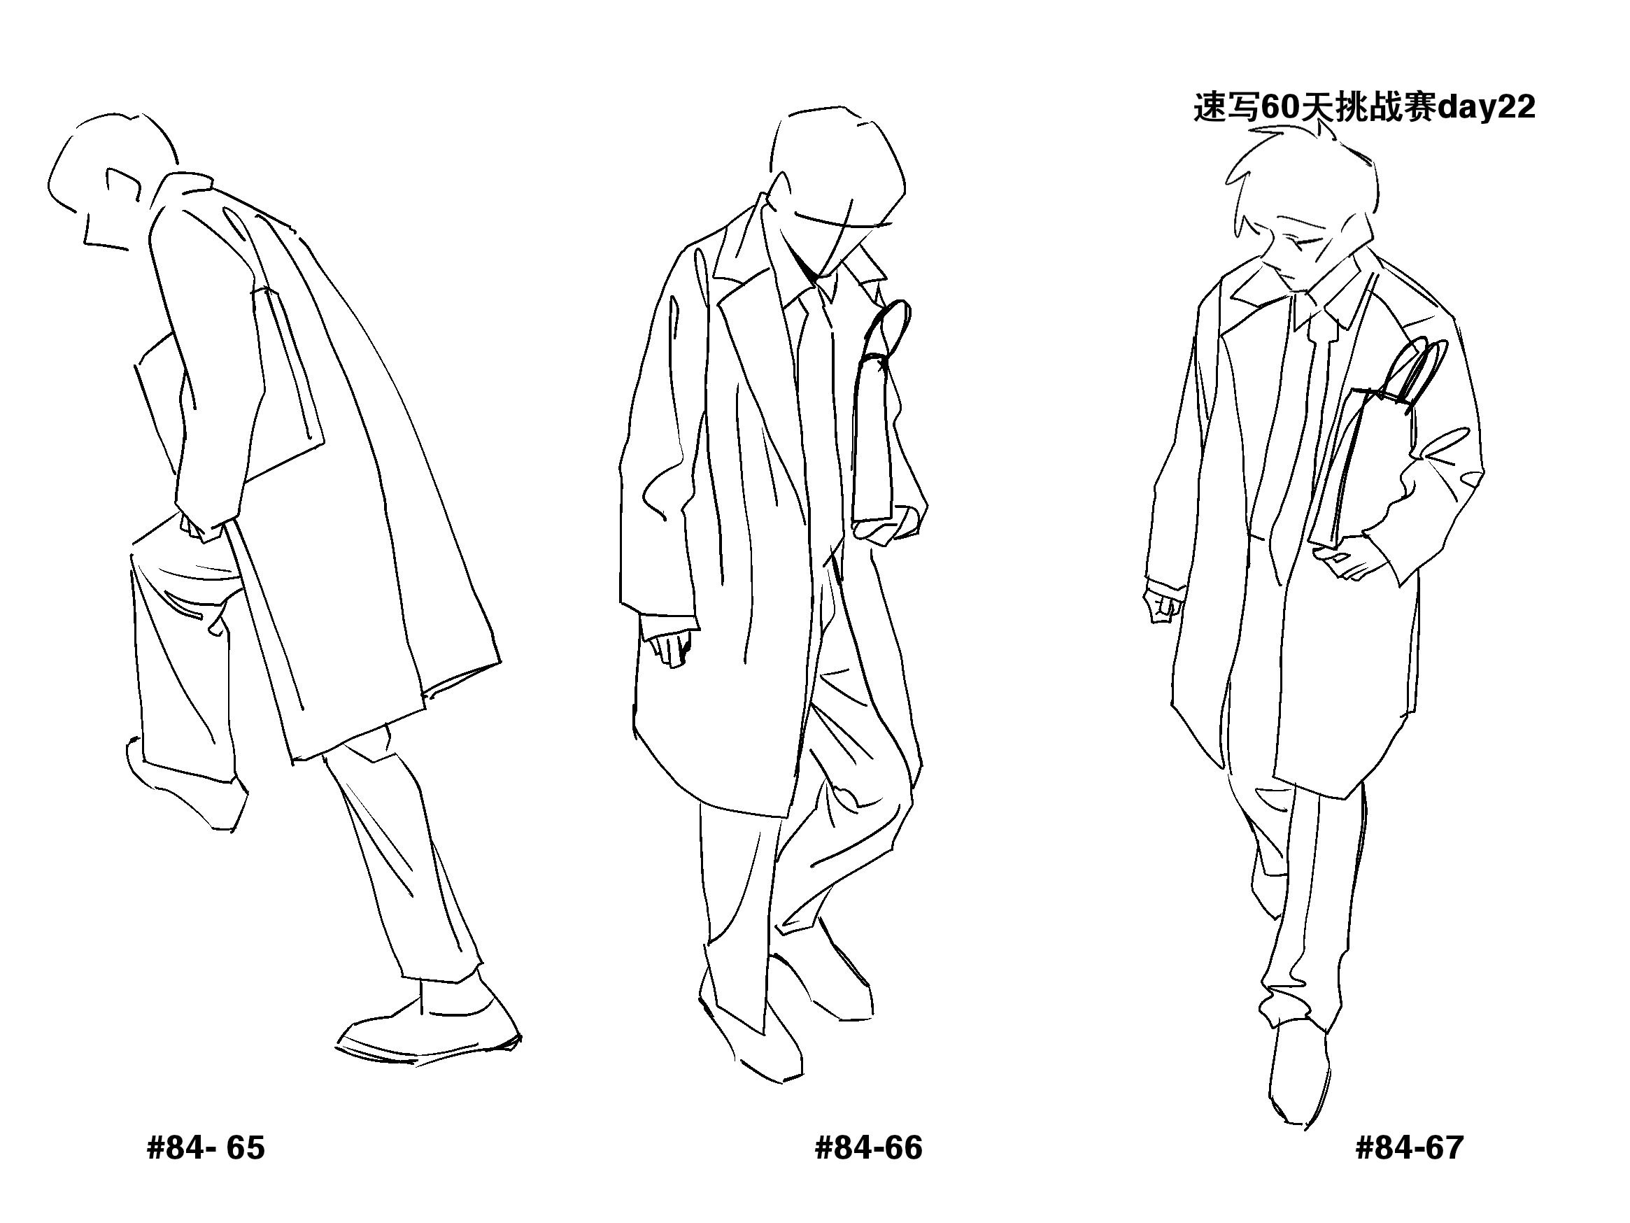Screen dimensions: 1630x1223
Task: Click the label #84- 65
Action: (206, 1149)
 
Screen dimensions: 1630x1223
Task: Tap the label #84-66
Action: (868, 1149)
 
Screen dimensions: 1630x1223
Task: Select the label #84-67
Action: (1409, 1149)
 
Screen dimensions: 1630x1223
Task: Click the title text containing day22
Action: (1364, 108)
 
